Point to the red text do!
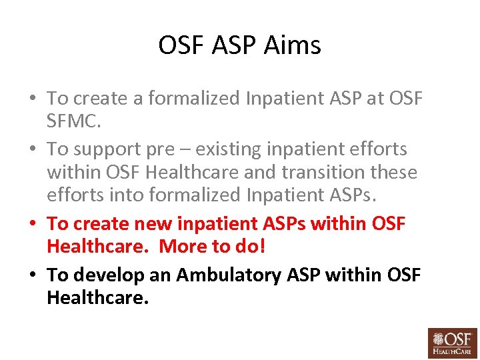click(x=250, y=247)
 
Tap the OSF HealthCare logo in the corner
click(x=453, y=343)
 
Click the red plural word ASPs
click(x=293, y=223)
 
